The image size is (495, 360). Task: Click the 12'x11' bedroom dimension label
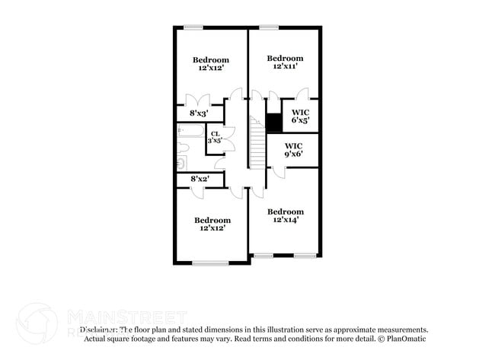286,66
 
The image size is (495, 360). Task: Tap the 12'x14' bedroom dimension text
286,220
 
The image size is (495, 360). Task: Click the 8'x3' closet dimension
198,113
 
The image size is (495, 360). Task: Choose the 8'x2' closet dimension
200,179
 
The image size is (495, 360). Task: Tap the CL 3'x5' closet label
216,137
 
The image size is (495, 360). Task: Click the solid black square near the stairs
273,122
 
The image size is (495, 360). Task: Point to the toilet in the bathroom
182,162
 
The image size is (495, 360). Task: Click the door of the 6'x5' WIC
302,95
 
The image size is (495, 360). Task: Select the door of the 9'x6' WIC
279,172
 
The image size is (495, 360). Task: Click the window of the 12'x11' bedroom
268,28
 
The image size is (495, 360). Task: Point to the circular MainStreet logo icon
36,323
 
